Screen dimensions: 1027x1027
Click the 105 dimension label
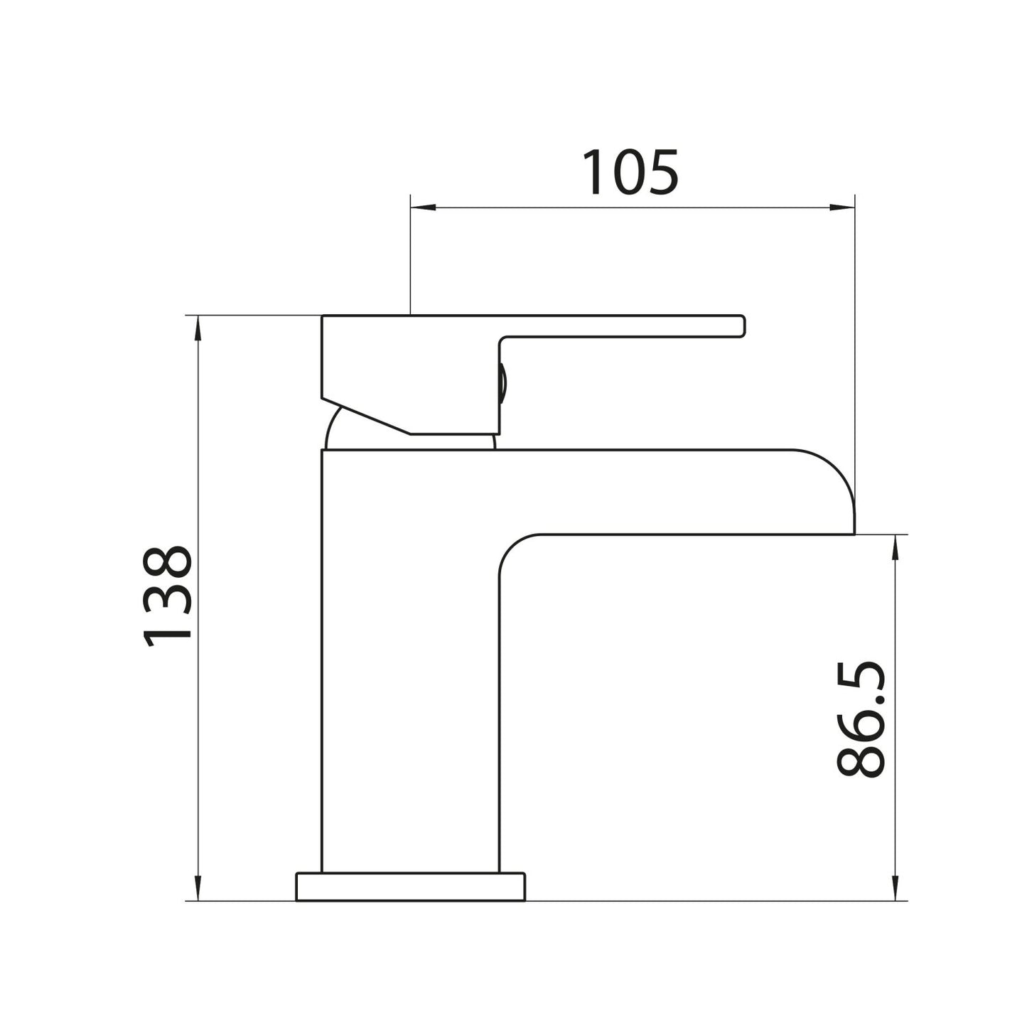click(630, 173)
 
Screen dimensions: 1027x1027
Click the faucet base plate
click(411, 886)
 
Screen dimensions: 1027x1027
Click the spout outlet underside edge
click(697, 534)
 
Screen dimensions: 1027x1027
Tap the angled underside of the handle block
click(366, 415)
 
